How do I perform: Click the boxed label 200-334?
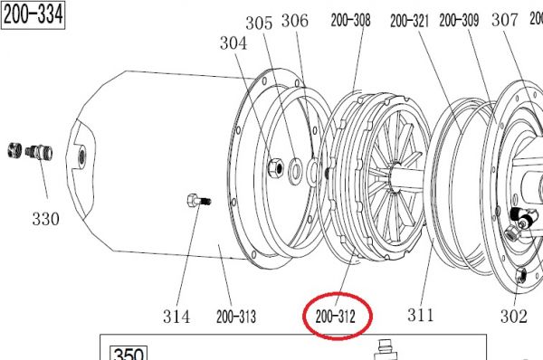tap(33, 14)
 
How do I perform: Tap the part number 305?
tap(259, 24)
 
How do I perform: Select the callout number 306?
tap(295, 21)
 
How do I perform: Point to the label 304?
tap(233, 43)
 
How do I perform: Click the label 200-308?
tap(350, 20)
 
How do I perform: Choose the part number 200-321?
tap(409, 21)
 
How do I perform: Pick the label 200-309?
tap(459, 20)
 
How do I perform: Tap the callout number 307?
tap(505, 20)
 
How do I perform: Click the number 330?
tap(46, 219)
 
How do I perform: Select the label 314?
tap(176, 317)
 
